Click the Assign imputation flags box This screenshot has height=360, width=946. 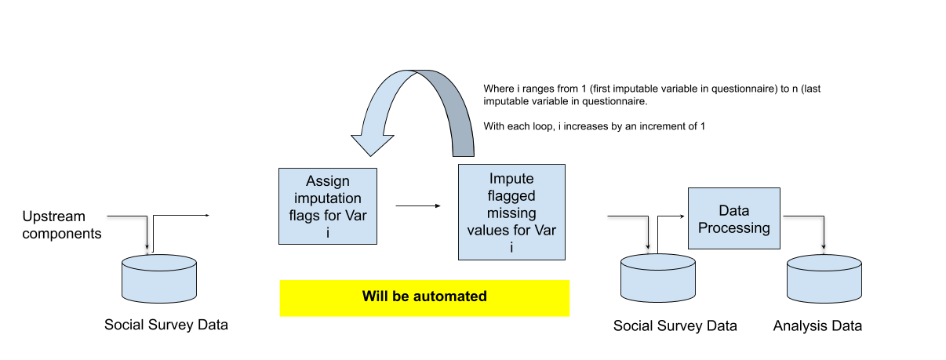[328, 205]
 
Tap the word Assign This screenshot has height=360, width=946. [328, 182]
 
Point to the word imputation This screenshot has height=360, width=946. [328, 198]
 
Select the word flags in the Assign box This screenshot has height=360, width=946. [307, 216]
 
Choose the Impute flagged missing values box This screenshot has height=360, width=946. [511, 212]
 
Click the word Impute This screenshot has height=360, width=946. [511, 178]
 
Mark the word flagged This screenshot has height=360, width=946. [511, 195]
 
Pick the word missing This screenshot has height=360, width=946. [511, 213]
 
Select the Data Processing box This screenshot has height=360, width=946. [734, 218]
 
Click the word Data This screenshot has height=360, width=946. [734, 210]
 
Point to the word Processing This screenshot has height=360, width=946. [734, 227]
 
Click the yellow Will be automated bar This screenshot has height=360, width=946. [424, 298]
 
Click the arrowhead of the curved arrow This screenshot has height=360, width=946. [372, 142]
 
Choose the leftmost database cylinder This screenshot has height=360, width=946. [159, 278]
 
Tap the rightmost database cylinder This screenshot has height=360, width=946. [824, 278]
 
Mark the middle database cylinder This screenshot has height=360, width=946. [658, 278]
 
